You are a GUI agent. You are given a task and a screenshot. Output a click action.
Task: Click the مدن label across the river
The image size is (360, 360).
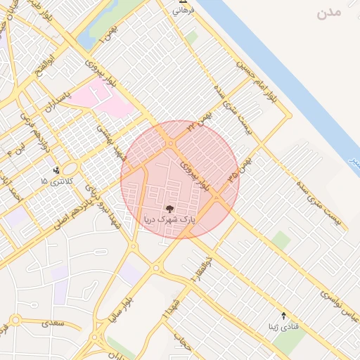pos(328,13)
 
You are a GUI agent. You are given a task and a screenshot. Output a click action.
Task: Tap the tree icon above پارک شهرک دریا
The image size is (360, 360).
pos(169,208)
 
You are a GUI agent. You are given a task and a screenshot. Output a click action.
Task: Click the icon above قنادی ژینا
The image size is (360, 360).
pos(283,316)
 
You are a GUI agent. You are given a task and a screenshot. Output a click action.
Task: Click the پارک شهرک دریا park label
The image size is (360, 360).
pos(169,220)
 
